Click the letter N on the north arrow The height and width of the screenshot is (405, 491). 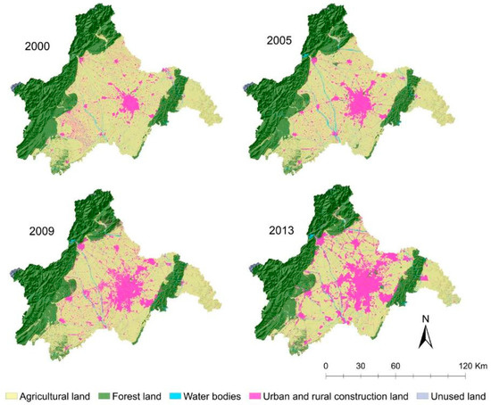click(x=427, y=318)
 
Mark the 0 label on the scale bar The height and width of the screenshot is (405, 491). click(x=326, y=365)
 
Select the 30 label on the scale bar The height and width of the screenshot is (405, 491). click(x=361, y=365)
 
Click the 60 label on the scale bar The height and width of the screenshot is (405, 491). click(x=395, y=365)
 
